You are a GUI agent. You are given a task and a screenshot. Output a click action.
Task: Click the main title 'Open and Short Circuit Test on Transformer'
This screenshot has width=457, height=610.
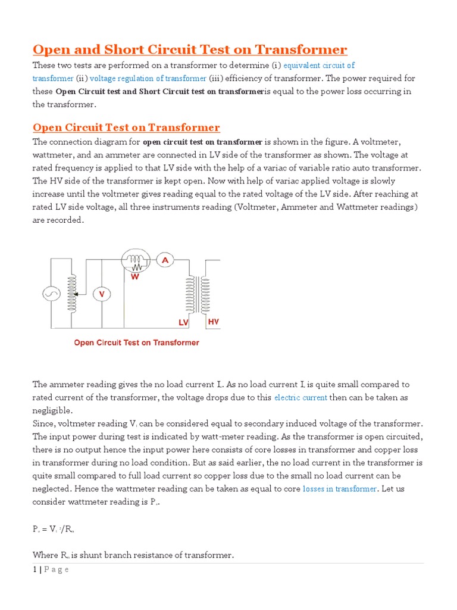pyautogui.click(x=190, y=49)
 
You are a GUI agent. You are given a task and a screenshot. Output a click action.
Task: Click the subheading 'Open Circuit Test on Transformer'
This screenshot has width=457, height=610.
pyautogui.click(x=126, y=127)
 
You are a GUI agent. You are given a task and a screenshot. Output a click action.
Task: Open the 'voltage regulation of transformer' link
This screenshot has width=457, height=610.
pyautogui.click(x=148, y=78)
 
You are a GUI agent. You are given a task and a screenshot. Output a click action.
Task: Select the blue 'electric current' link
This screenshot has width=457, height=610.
pyautogui.click(x=301, y=397)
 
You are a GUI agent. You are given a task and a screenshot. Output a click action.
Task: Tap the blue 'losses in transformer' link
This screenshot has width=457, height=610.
pyautogui.click(x=340, y=488)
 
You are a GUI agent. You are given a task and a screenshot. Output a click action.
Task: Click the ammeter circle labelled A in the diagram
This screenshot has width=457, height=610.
pyautogui.click(x=165, y=260)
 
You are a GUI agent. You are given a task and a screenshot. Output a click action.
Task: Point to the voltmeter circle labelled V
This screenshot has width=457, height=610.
pyautogui.click(x=101, y=294)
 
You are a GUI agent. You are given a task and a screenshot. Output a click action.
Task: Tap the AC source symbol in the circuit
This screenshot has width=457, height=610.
pyautogui.click(x=49, y=294)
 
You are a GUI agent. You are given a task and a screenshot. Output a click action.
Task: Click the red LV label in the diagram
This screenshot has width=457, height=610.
pyautogui.click(x=183, y=322)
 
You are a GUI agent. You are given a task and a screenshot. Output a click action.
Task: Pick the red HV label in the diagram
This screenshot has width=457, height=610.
pyautogui.click(x=213, y=322)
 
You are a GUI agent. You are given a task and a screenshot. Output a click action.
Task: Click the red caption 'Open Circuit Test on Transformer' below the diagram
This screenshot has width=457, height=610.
pyautogui.click(x=136, y=343)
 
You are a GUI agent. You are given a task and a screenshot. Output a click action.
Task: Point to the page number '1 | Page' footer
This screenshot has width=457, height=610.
pyautogui.click(x=51, y=569)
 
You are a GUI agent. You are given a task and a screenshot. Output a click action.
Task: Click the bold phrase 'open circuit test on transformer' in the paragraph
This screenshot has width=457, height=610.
pyautogui.click(x=202, y=142)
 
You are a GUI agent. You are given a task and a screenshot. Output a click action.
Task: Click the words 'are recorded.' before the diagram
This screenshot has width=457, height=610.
pyautogui.click(x=58, y=220)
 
